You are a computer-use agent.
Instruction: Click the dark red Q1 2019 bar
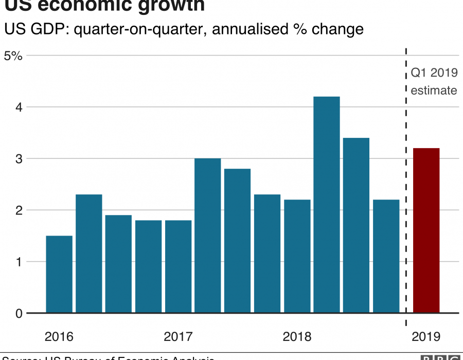coord(426,230)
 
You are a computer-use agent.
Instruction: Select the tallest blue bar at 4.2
coord(327,205)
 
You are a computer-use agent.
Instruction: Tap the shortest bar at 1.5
coord(59,274)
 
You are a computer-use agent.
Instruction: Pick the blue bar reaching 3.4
coord(357,225)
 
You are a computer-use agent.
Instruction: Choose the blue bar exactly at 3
coord(208,236)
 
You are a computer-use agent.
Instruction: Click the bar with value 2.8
coord(237,241)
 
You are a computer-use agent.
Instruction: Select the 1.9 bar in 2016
coord(118,264)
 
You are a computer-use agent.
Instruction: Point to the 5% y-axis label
coord(13,56)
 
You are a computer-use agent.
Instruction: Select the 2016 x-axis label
coord(59,337)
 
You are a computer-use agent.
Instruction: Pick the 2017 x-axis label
coord(178,337)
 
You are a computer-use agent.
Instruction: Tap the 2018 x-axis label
coord(297,337)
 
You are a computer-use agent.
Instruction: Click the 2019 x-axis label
coord(426,337)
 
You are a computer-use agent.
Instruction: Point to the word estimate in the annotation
coord(434,91)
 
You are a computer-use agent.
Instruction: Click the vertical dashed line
coord(406,206)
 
